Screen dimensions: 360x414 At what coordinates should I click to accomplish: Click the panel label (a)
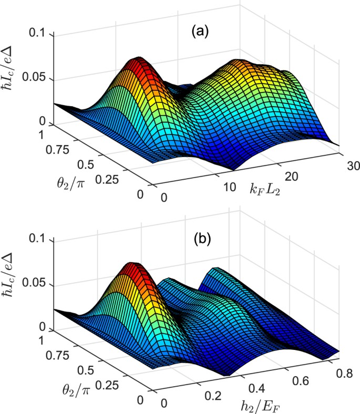coord(200,32)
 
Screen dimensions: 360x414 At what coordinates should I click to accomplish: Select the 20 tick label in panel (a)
coord(291,176)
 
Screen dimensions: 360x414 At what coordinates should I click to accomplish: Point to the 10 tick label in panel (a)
coord(229,187)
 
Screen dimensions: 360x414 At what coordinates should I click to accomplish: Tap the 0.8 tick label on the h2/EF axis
coord(344,374)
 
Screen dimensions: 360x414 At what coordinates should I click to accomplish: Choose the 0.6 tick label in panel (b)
coord(300,381)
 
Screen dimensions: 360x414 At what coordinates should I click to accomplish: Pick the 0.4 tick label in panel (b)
coord(256,389)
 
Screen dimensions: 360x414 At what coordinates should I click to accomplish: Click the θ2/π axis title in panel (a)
coord(70,183)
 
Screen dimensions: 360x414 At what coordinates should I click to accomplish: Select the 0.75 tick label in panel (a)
coord(57,150)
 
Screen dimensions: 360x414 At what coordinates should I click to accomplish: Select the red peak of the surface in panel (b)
coord(131,267)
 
